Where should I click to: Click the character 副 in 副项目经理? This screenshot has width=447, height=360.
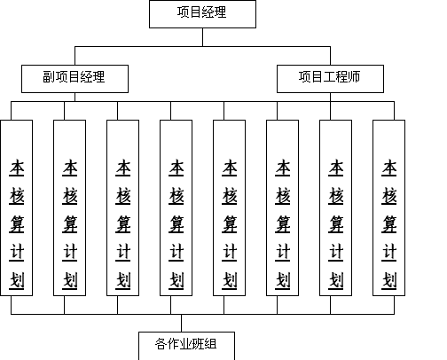tap(49, 77)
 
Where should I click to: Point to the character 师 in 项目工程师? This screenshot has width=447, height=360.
tap(354, 77)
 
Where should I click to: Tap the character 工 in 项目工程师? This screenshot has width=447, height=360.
tap(329, 77)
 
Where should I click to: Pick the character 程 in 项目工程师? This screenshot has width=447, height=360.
tap(341, 77)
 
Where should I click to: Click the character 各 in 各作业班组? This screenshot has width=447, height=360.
tap(161, 344)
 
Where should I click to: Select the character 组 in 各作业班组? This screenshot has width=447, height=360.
tap(210, 344)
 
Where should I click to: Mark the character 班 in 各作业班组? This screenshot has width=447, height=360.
tap(198, 344)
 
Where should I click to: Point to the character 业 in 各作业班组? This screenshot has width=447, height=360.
tap(185, 344)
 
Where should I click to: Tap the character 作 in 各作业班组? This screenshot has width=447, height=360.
tap(173, 344)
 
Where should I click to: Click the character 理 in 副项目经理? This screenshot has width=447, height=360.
tap(98, 77)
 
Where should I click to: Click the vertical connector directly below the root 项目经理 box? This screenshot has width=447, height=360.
tap(202, 37)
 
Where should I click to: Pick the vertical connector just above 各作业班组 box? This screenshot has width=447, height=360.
tap(181, 323)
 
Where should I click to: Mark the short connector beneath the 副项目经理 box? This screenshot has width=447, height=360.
tap(74, 98)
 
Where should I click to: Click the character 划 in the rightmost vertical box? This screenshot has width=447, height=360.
tap(389, 279)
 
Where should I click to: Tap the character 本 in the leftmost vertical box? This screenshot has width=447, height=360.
tap(17, 168)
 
